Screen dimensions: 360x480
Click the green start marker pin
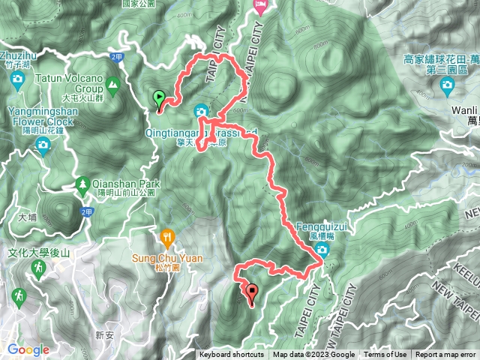(x=159, y=98)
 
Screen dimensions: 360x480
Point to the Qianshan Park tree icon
(x=81, y=184)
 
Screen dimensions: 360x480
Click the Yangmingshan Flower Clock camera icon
(x=43, y=143)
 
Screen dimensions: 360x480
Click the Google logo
(x=28, y=349)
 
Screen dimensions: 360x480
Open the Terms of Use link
(x=385, y=355)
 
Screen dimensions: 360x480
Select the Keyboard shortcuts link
(x=232, y=355)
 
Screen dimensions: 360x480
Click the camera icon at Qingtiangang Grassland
(x=201, y=112)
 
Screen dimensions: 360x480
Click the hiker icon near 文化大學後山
(x=18, y=295)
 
